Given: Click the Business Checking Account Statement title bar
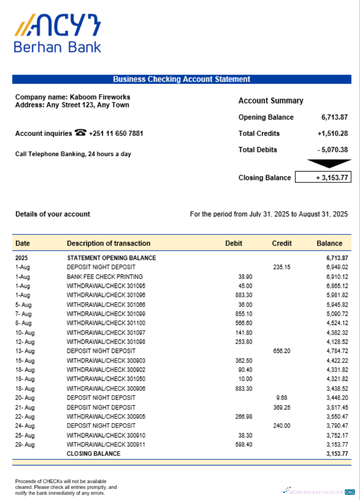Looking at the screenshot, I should point(181,79).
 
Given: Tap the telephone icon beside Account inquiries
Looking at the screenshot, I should point(80,133).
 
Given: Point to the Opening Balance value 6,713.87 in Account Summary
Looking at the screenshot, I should point(334,117).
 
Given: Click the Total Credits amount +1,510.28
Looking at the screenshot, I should point(332,133).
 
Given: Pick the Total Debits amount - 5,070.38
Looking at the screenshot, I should point(332,149).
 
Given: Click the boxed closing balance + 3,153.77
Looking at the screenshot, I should point(323,177).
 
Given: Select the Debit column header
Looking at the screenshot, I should point(233,243).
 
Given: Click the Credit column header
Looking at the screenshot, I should point(281,243).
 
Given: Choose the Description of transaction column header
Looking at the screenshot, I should point(108,243).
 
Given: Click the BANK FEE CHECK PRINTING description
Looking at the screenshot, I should point(104,276).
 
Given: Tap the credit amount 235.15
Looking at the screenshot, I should point(281,267).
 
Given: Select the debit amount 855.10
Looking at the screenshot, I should point(243,314).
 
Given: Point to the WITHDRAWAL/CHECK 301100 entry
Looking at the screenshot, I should point(106,323).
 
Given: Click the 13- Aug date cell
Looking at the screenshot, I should point(25,351).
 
